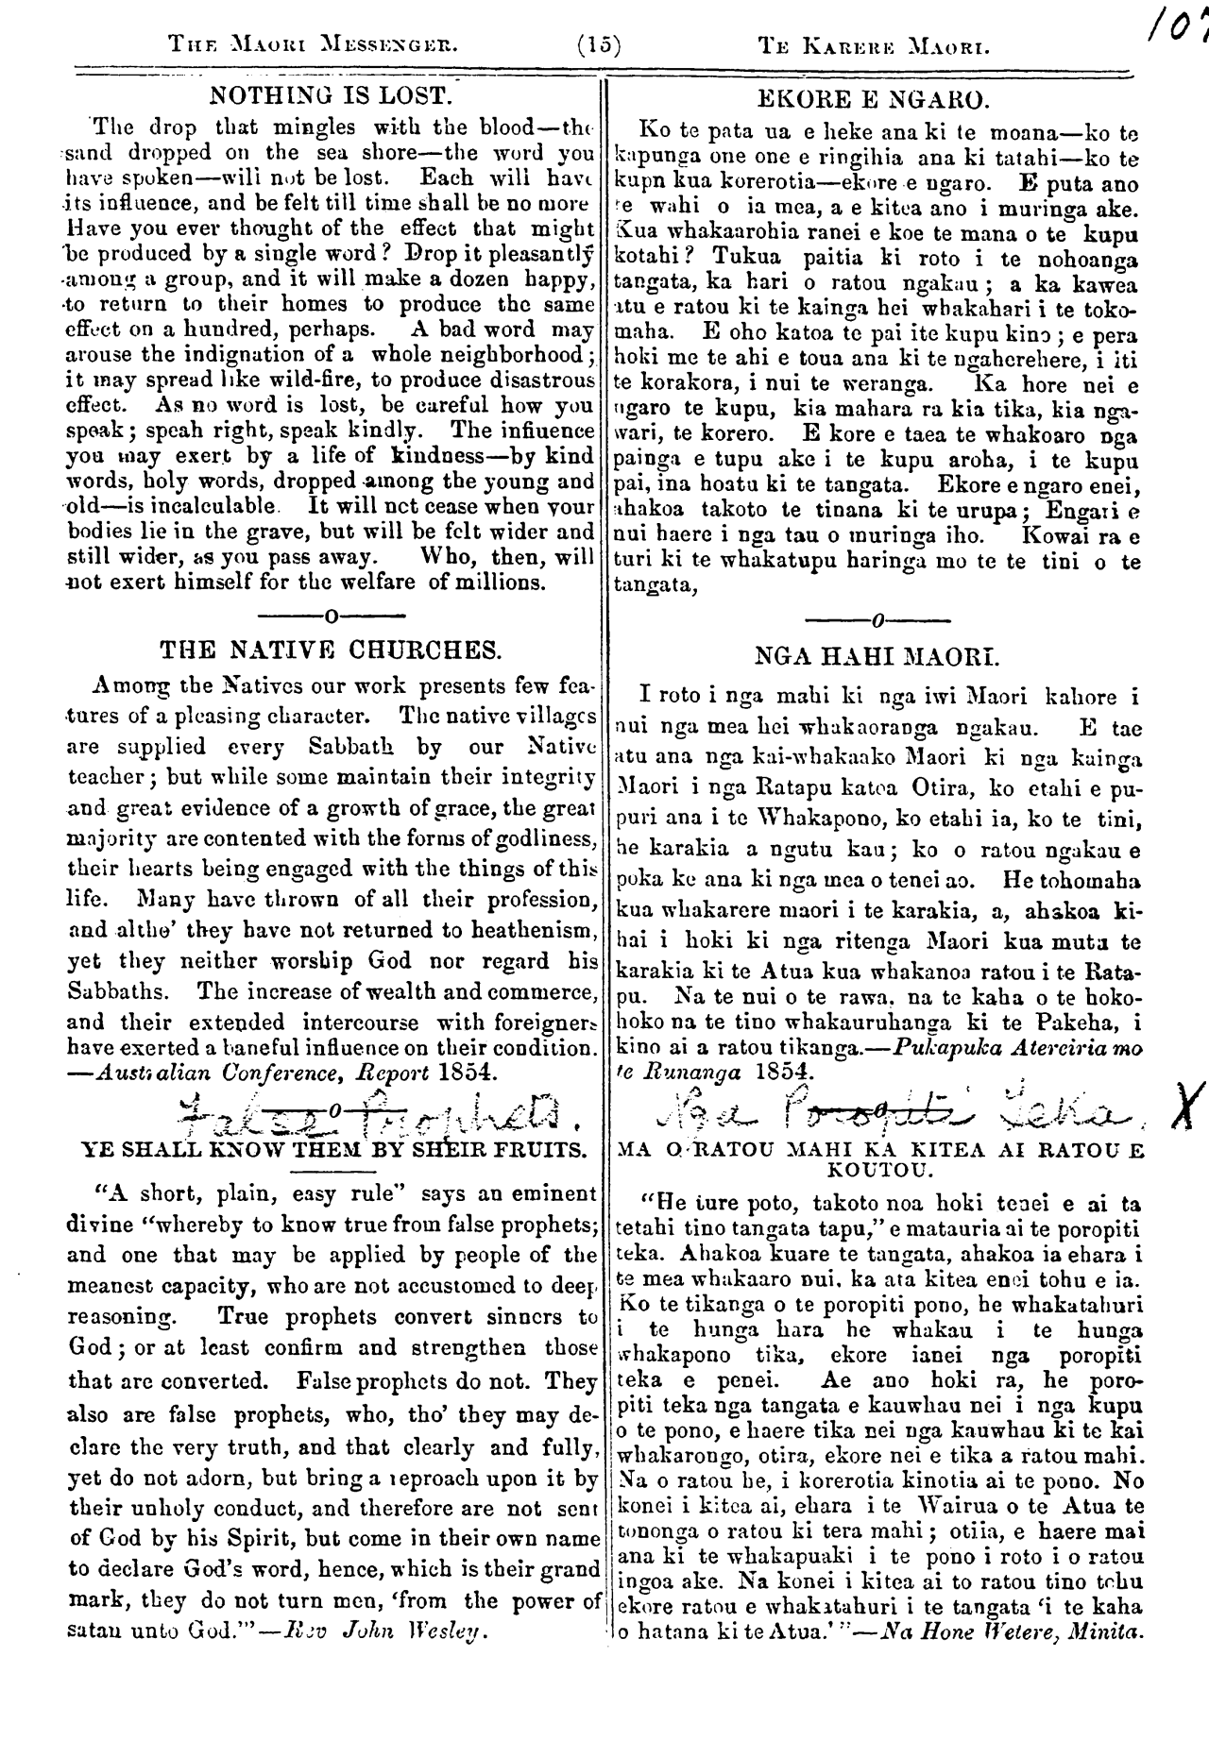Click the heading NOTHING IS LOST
point(327,96)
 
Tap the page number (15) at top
point(597,44)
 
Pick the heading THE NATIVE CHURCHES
point(331,650)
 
